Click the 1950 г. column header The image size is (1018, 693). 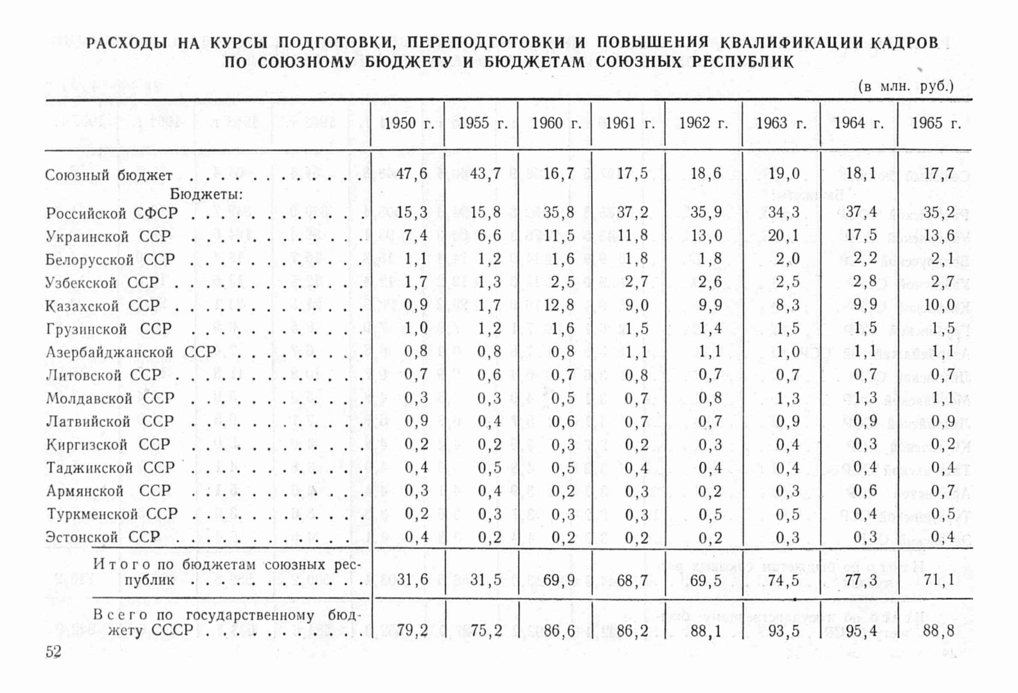coord(409,123)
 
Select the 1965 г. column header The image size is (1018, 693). coord(936,123)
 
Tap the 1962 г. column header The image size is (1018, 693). coord(703,123)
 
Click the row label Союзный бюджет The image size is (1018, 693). coord(109,175)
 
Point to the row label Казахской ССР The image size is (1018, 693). coord(103,306)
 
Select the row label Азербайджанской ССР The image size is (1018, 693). coord(131,352)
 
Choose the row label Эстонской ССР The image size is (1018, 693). coord(103,537)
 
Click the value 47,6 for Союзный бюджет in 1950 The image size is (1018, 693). coord(412,174)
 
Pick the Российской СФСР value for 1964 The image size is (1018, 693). coord(861,212)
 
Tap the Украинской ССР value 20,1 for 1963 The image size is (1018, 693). coord(783,236)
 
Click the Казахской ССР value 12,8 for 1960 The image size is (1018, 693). coord(558,305)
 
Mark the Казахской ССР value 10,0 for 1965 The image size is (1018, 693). coord(938,305)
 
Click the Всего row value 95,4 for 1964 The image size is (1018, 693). coord(861,631)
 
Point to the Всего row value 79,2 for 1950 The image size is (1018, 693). coord(412,631)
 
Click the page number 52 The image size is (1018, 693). coord(53,652)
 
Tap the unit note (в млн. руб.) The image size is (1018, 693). coord(906,86)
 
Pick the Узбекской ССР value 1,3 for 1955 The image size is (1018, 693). coord(489,282)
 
